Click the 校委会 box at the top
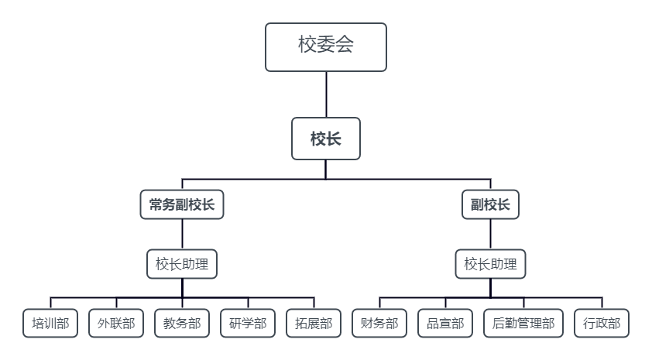point(325,46)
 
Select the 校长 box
point(325,139)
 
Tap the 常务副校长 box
point(182,204)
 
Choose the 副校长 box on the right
point(490,204)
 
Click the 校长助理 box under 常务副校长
point(182,264)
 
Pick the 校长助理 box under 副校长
point(490,264)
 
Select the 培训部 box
point(50,324)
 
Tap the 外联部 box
point(116,324)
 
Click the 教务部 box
point(182,324)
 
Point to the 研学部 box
point(248,324)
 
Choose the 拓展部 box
point(314,324)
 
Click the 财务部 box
point(379,324)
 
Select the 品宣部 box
point(445,324)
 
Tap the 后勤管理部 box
point(523,324)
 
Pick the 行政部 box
point(602,324)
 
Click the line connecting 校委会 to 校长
point(326,94)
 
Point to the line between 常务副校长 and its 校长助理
point(182,234)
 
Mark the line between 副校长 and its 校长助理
point(490,234)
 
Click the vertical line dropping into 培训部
point(50,303)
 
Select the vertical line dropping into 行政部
point(602,303)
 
